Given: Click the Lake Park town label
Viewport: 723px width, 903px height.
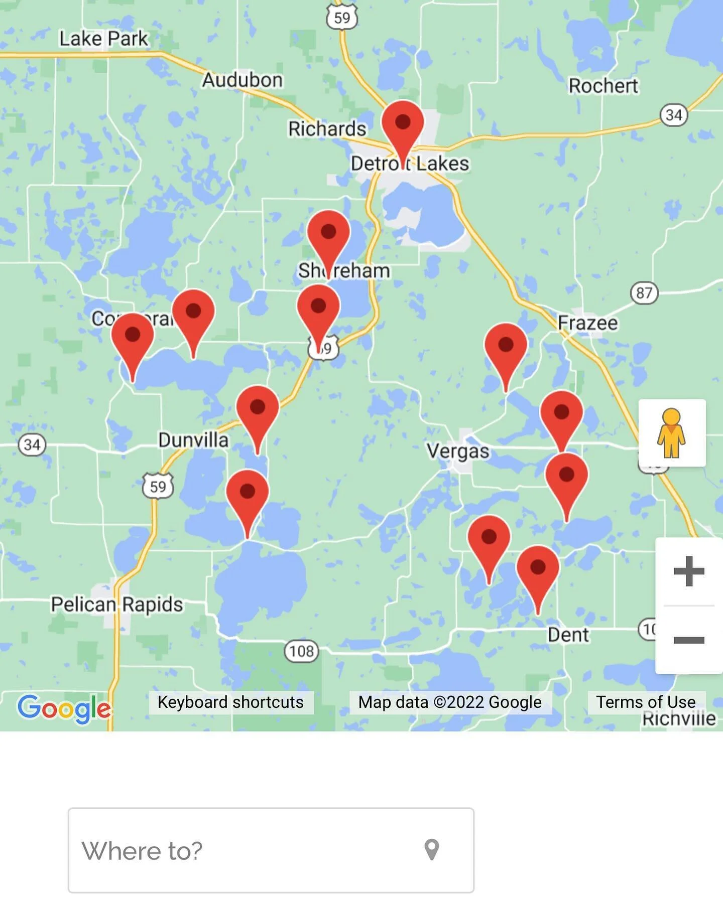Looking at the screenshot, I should point(103,39).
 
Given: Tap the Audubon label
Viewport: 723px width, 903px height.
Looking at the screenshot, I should point(243,80).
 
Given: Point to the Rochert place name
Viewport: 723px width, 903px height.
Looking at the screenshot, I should point(603,86).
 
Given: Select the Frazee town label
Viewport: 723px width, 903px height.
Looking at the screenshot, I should point(587,323).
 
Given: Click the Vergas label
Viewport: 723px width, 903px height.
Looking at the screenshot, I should point(458,451).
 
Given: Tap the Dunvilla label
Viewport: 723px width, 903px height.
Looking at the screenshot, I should point(193,440).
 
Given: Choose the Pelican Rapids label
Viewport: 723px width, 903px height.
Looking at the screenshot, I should point(117,604).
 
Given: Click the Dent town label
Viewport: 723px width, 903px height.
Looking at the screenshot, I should point(568,635).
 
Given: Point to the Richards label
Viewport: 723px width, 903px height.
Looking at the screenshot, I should point(327,129).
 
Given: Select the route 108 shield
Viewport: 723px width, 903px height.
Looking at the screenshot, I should point(302,651).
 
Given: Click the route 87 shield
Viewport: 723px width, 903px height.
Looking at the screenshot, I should point(644,292).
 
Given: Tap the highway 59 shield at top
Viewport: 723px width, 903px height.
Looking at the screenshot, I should point(342,18).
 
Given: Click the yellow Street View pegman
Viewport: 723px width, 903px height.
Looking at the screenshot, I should point(671,433).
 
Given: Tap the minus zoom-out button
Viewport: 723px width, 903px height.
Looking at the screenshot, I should point(688,640).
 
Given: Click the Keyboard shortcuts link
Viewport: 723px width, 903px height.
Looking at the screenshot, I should point(230,702).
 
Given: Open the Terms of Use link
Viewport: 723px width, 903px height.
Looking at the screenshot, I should point(646,702).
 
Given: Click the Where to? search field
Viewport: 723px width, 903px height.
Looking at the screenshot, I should point(251,850).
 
